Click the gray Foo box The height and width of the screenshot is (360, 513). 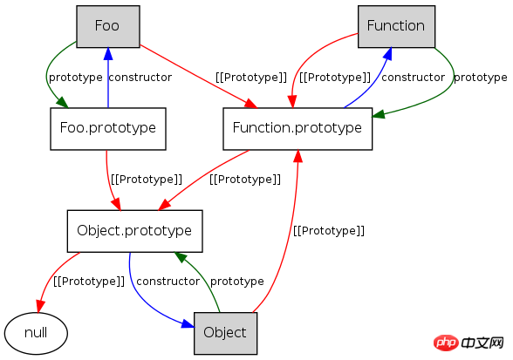(x=108, y=26)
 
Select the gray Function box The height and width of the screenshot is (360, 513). (x=396, y=26)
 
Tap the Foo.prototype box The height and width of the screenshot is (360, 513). (x=108, y=129)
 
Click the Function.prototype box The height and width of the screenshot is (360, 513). (x=298, y=129)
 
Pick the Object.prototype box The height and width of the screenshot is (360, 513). (x=134, y=231)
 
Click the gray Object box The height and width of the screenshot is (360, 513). (x=225, y=333)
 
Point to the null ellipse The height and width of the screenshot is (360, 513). (x=36, y=333)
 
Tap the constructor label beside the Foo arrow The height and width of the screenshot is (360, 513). (x=140, y=78)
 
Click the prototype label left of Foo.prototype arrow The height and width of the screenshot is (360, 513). (x=76, y=78)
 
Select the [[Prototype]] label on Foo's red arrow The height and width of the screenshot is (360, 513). (x=251, y=78)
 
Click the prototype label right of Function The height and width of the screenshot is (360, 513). (x=480, y=78)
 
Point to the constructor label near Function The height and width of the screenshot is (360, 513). (x=413, y=78)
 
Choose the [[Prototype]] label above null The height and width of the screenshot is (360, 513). (x=89, y=282)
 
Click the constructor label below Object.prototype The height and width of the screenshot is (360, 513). (x=168, y=282)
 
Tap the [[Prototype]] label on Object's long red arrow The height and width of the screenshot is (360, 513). (x=329, y=231)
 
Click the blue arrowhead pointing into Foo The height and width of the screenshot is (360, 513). (x=108, y=54)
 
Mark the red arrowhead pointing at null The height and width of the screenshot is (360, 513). (x=40, y=306)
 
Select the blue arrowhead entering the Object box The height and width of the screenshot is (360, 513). (x=188, y=324)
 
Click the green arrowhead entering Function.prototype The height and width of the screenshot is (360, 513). (x=379, y=114)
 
